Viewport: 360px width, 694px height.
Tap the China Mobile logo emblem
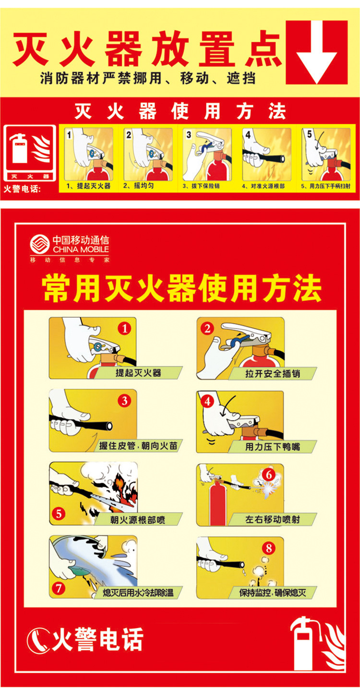40,244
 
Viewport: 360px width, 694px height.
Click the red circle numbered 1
124,328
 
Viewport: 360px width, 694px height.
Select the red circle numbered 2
207,328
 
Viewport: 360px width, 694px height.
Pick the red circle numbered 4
207,402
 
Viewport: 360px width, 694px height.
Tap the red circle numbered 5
59,514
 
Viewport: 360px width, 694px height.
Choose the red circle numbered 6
269,474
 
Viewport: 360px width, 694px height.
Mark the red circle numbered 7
59,588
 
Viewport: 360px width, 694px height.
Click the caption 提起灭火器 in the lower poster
139,373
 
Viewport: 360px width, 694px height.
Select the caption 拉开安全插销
273,373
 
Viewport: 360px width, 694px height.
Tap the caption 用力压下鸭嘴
273,446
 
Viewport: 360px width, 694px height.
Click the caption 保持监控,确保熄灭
273,593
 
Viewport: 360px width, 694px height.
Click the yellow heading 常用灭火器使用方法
182,288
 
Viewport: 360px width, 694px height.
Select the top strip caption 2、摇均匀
138,186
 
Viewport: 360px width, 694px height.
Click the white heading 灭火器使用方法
180,111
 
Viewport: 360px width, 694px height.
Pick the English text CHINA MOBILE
81,250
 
